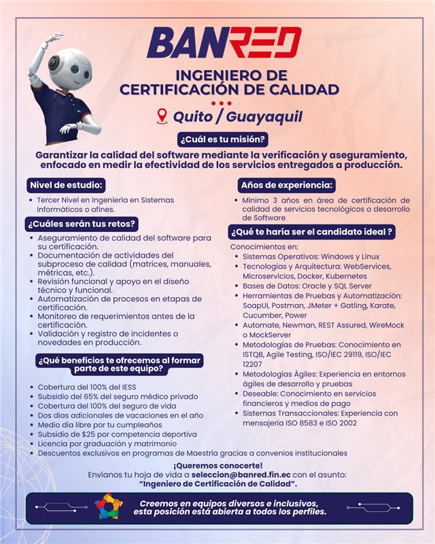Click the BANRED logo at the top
click(224, 43)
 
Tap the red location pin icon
click(162, 116)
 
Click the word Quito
click(192, 116)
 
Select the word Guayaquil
click(264, 116)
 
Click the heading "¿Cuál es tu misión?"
click(222, 140)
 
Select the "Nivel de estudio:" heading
click(66, 184)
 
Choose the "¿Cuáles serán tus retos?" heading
click(82, 223)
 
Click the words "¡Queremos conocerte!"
click(217, 464)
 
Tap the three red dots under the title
click(221, 103)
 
